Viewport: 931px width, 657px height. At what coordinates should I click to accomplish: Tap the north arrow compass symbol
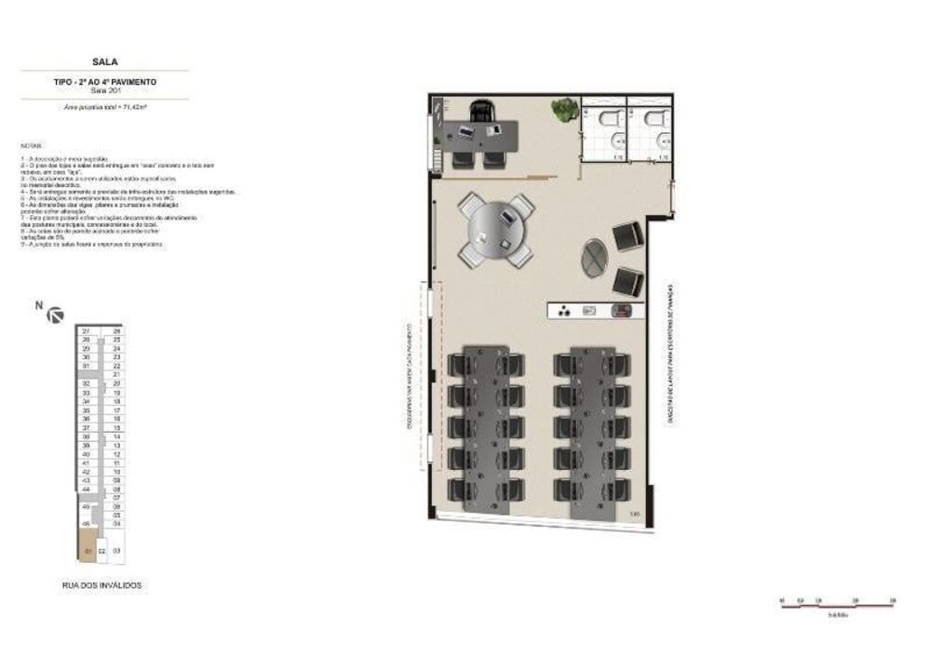[x=55, y=315]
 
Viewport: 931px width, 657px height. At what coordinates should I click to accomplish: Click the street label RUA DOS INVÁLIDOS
[x=101, y=585]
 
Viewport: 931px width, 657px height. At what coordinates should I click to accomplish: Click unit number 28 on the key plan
[x=117, y=331]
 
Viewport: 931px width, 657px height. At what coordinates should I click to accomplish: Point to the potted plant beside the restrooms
[x=563, y=110]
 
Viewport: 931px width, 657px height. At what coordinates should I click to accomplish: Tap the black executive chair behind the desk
[x=481, y=112]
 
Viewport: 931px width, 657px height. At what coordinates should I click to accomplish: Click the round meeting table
[x=496, y=230]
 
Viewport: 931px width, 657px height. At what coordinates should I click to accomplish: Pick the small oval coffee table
[x=594, y=258]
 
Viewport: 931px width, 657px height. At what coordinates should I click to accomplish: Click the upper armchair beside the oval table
[x=627, y=235]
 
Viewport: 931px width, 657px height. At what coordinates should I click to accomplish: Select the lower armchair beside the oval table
[x=628, y=280]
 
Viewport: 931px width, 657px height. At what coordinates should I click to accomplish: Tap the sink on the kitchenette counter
[x=589, y=311]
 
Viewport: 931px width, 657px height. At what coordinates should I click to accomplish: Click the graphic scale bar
[x=837, y=605]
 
